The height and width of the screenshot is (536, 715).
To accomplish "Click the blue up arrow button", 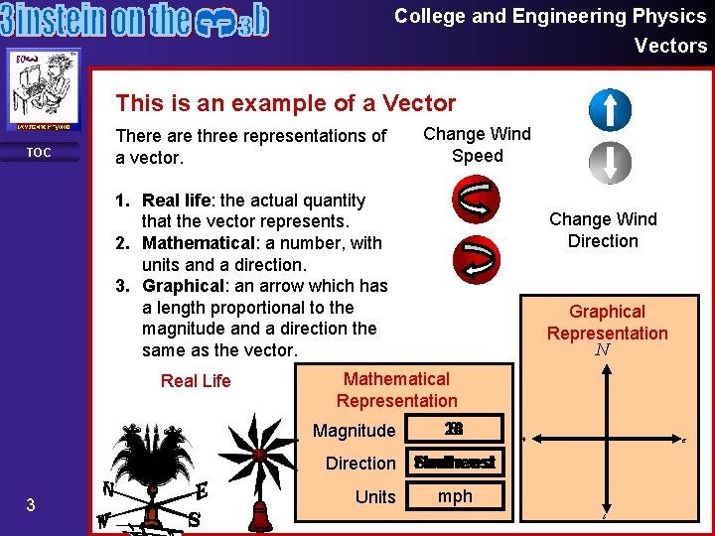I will point(610,110).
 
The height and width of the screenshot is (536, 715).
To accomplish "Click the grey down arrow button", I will point(610,163).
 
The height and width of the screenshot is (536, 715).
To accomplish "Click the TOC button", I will point(39,152).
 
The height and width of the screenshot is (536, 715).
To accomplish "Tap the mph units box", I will point(456,495).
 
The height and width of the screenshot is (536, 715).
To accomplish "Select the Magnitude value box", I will point(456,429).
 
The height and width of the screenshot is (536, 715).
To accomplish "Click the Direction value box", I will point(456,463).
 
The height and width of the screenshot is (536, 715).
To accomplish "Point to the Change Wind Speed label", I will point(478,145).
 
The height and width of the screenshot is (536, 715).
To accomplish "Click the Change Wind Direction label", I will point(603,230).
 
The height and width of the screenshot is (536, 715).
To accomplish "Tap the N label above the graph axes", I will point(603,350).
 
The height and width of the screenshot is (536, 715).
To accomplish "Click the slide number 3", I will point(31,505).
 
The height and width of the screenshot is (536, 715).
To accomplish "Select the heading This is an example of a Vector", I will point(286,103).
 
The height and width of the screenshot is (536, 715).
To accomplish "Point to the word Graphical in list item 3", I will point(186,286).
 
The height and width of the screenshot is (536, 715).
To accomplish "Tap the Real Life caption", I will point(196,380).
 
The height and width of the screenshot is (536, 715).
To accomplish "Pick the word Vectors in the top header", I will point(671,46).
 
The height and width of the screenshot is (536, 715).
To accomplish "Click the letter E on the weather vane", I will point(202,491).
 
